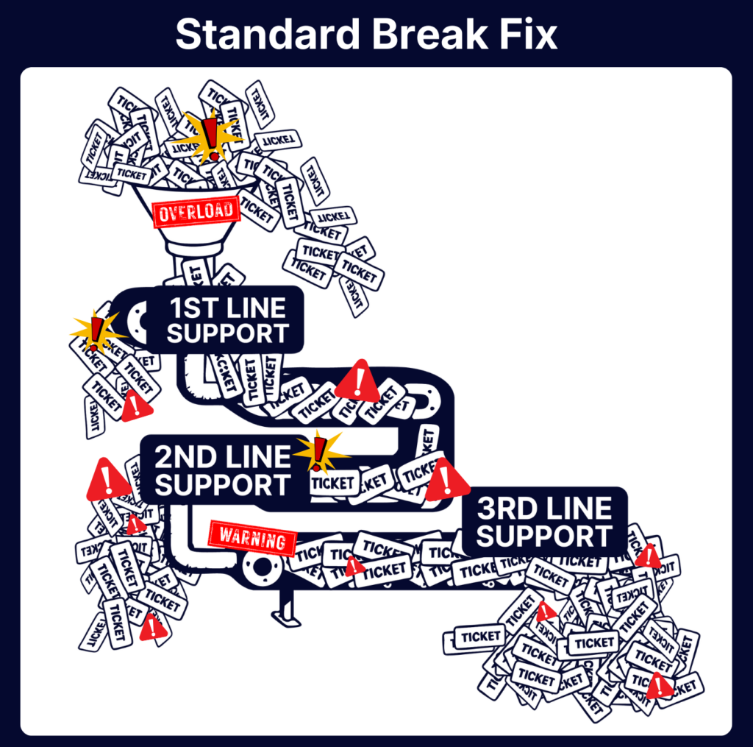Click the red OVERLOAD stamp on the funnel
click(x=196, y=211)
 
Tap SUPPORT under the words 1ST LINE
click(x=227, y=333)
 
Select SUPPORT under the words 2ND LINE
click(x=223, y=485)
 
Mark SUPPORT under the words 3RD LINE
click(x=543, y=536)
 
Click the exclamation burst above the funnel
click(x=211, y=136)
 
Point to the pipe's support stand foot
click(x=286, y=617)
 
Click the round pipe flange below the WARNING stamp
click(x=260, y=567)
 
